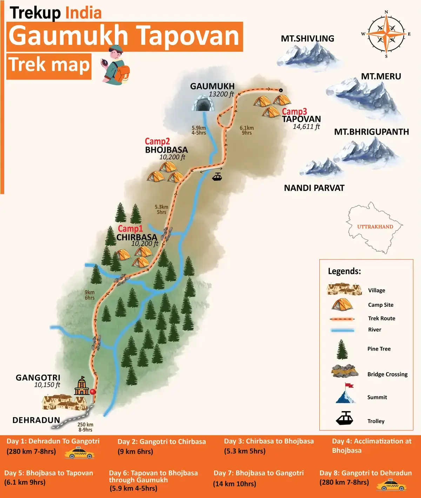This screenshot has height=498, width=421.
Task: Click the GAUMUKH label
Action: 212,86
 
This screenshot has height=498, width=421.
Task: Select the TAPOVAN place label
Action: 301,119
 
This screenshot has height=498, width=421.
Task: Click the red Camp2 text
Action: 157,141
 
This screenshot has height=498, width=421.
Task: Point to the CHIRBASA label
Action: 136,237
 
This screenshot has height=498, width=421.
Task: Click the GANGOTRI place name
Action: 38,378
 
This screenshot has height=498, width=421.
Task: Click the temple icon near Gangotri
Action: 82,386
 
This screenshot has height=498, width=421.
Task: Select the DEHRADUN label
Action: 36,420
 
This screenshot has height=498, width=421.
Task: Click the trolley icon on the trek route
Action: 217,176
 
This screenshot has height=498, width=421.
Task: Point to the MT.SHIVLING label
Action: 307,39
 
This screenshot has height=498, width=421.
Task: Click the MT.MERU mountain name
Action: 381,76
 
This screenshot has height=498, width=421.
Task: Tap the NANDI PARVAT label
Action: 314,188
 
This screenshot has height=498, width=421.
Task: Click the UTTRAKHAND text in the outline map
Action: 375,227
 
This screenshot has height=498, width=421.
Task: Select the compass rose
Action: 386,34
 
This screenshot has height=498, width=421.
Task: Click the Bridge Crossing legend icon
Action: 345,371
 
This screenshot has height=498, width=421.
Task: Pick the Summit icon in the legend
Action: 346,394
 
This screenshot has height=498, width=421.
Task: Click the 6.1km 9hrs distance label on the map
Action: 247,130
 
